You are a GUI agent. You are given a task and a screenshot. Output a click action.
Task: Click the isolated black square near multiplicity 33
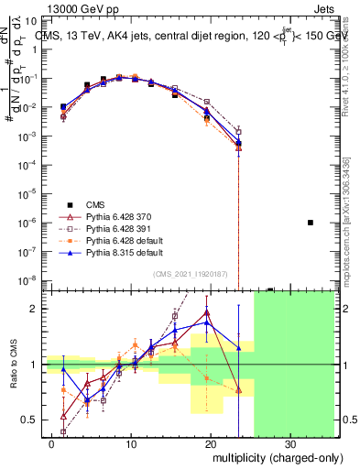[x=311, y=223]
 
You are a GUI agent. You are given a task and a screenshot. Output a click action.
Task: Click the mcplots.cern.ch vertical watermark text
[x=344, y=229]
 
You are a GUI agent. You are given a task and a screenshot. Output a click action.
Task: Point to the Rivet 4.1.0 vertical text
[x=344, y=55]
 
